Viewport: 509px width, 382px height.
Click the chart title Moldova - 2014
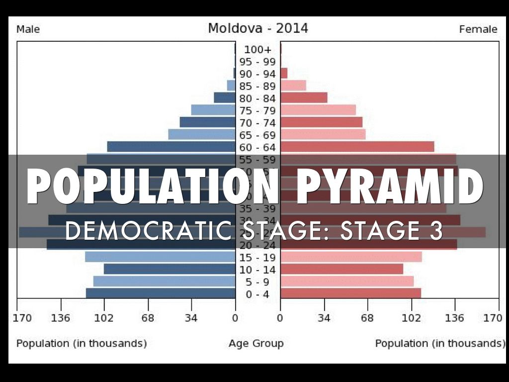point(257,28)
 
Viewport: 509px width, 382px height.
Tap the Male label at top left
point(28,29)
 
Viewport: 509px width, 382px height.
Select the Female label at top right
point(478,29)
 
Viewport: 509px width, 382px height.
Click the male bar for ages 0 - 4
point(161,293)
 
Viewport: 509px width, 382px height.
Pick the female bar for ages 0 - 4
point(350,293)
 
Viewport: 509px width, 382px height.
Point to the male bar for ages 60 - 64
point(171,147)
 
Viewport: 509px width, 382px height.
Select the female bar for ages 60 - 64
point(357,147)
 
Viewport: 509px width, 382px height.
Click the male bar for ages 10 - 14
point(170,269)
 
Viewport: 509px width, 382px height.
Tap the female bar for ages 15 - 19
point(351,257)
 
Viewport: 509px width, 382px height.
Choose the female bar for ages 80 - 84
point(304,97)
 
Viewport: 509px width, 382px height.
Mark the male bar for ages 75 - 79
point(213,110)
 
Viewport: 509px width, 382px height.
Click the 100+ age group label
point(258,50)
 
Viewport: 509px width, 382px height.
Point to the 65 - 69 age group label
point(257,135)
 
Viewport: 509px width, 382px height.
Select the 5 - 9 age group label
point(257,282)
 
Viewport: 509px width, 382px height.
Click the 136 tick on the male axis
point(61,318)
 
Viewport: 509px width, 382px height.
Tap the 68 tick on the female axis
point(367,318)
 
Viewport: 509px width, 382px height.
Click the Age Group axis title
point(256,343)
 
